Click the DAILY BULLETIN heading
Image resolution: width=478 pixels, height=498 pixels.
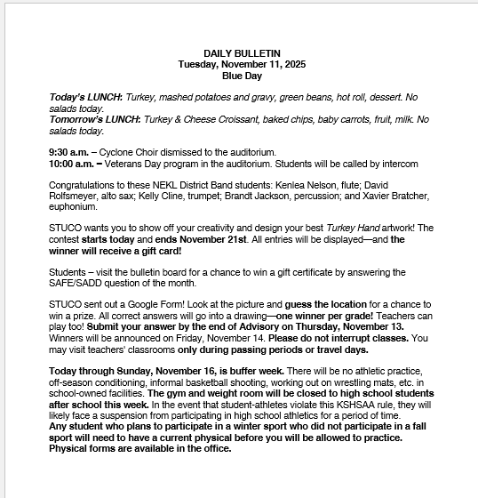click(x=242, y=53)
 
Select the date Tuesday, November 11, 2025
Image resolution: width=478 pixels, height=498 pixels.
click(x=242, y=64)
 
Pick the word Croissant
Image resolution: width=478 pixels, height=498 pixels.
click(x=234, y=119)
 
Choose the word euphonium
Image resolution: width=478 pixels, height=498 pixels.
click(x=73, y=206)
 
